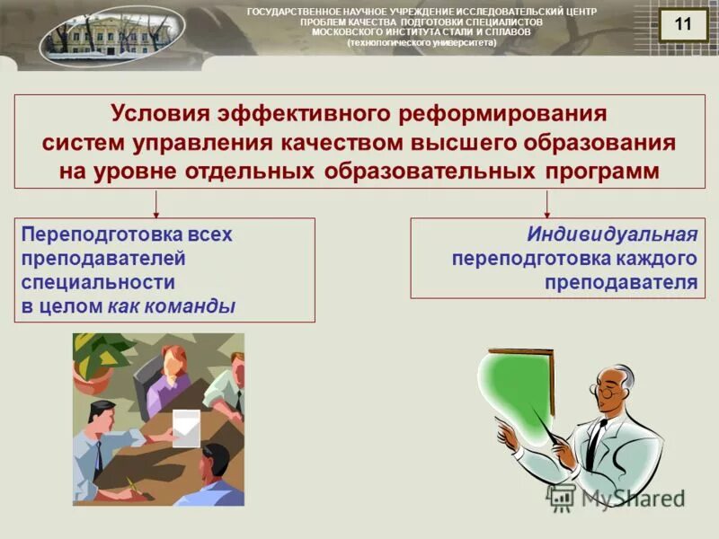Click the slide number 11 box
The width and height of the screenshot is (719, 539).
point(682,25)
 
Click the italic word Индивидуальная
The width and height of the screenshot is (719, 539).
point(612,234)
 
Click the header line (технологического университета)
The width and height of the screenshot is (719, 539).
point(422,41)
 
